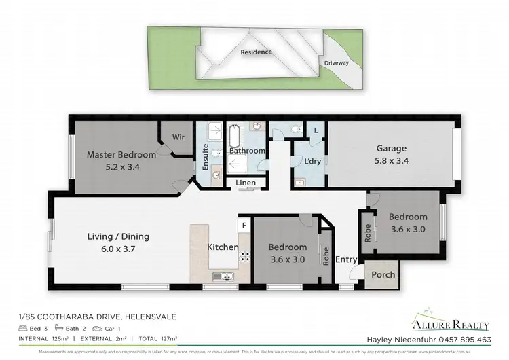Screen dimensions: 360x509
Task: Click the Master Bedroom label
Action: [x=121, y=154]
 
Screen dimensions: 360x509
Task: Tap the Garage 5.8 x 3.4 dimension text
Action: [x=392, y=161]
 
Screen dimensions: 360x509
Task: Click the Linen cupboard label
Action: [x=246, y=183]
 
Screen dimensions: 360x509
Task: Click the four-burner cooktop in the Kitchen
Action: [x=243, y=257]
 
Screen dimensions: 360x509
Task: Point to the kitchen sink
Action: [x=223, y=276]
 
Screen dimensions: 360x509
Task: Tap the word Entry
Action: [x=346, y=259]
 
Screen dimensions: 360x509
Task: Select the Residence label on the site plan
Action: [x=256, y=52]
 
